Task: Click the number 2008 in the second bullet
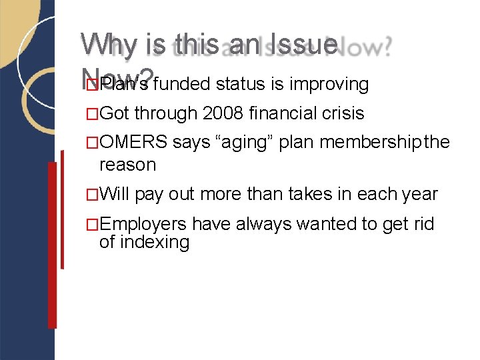point(222,113)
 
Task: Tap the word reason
point(127,164)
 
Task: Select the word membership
point(367,143)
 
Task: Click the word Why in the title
point(107,45)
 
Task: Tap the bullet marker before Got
point(93,114)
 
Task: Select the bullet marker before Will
point(93,195)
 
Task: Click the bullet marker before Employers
point(93,224)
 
